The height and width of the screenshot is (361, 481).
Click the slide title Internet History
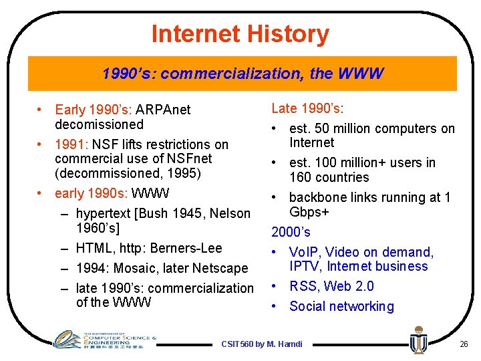click(240, 33)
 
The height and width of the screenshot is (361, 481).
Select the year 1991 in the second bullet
click(69, 144)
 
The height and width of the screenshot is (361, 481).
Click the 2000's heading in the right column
click(291, 232)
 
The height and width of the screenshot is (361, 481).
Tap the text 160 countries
click(329, 177)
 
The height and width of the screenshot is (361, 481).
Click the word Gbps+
click(309, 212)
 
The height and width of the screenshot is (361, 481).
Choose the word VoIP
click(303, 252)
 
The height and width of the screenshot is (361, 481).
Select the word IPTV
click(305, 266)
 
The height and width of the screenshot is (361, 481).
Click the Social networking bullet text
click(341, 306)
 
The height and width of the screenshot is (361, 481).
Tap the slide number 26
click(464, 344)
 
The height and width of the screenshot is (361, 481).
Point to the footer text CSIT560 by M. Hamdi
click(261, 344)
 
